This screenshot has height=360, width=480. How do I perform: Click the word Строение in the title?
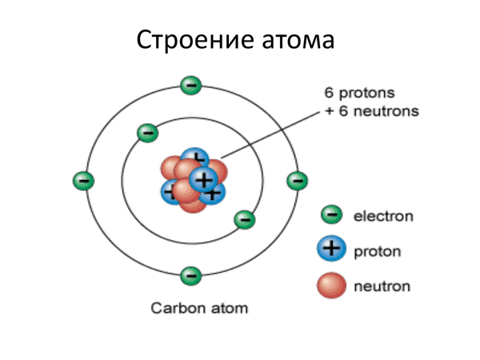(x=195, y=40)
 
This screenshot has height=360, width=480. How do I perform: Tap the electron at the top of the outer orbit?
(x=191, y=85)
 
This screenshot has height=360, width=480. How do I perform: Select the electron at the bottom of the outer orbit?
(x=191, y=275)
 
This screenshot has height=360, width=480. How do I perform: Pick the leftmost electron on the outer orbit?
(x=83, y=181)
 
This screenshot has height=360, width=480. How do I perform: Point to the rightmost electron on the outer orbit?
(x=298, y=180)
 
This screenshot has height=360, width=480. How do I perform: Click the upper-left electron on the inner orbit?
(x=147, y=133)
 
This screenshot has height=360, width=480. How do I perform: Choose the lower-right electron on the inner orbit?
(x=244, y=219)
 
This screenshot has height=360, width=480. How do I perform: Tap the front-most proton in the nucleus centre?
(x=203, y=179)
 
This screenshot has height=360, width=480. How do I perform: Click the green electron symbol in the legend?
(x=331, y=214)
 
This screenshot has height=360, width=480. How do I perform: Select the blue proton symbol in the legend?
(x=331, y=248)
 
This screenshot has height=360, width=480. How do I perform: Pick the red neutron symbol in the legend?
(x=331, y=286)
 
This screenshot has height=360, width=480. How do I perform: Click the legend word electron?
(x=383, y=216)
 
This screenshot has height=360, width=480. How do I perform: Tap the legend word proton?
(x=377, y=252)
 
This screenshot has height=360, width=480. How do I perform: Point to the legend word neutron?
(x=382, y=286)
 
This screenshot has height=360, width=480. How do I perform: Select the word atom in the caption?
(x=229, y=309)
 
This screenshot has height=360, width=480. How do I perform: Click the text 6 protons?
(x=359, y=93)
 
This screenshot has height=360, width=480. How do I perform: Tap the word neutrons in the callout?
(x=386, y=111)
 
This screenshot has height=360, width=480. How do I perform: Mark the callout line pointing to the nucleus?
(x=270, y=134)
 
